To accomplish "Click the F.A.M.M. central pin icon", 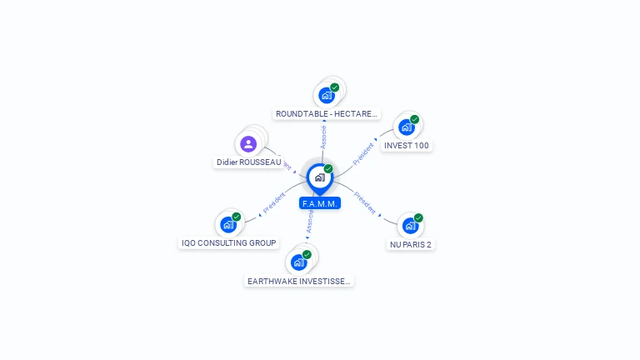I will tap(319, 177).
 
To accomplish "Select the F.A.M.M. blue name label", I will tap(320, 203).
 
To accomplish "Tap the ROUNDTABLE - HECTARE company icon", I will tap(327, 95).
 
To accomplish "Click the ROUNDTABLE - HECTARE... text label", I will tap(327, 113).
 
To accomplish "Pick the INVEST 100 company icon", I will tap(406, 127).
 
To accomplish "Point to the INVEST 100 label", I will tap(407, 146).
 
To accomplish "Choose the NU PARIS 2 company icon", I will tap(409, 225).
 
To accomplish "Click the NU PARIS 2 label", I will tap(410, 245).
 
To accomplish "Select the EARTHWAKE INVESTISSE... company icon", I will tap(298, 262).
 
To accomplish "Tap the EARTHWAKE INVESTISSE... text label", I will tap(299, 282).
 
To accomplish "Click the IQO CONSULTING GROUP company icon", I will tap(228, 224).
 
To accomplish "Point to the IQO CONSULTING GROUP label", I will tap(229, 243).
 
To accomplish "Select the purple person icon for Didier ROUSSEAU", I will tap(248, 143).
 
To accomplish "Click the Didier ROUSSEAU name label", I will tap(248, 162).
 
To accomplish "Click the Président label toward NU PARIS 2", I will tap(365, 203).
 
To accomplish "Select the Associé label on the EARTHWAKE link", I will tap(309, 222).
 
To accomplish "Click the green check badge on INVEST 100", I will tap(414, 119).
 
